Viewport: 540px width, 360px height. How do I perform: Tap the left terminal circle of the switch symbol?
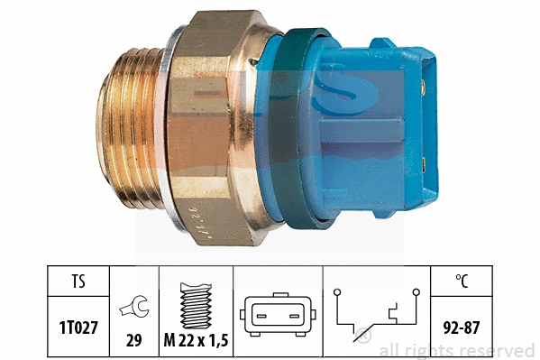coord(336,292)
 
